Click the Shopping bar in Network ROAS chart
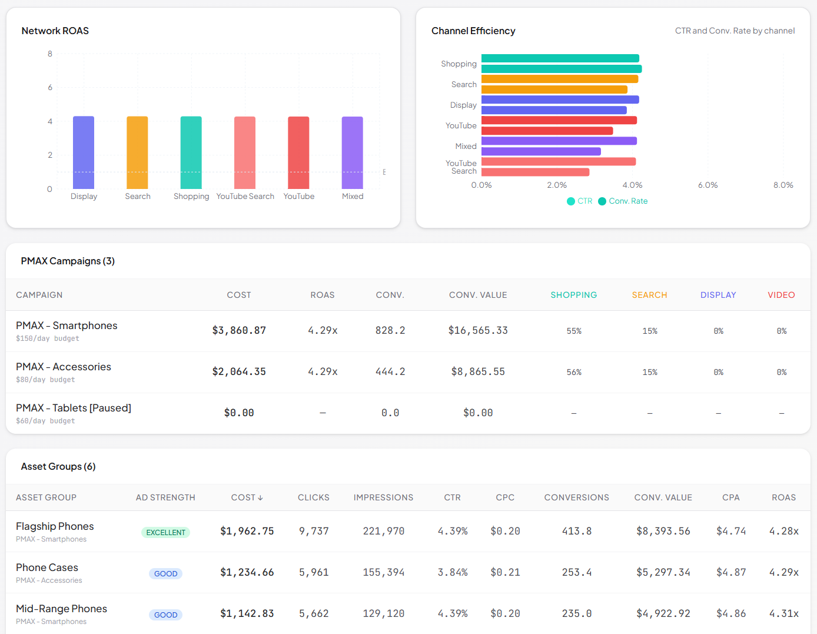tap(191, 152)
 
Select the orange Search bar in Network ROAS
tap(137, 152)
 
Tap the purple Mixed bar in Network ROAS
tap(352, 152)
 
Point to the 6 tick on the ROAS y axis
tap(50, 87)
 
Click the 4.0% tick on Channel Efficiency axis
tap(632, 185)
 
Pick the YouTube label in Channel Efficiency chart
tap(461, 126)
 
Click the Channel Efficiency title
tap(473, 31)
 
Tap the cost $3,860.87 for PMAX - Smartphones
tap(239, 331)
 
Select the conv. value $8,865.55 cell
tap(478, 372)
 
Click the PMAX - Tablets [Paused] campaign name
tap(74, 408)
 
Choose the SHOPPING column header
tap(573, 295)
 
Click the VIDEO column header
tap(781, 295)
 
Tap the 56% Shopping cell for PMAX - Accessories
tap(574, 372)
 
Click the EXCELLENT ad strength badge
tap(165, 532)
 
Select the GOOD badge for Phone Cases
tap(165, 573)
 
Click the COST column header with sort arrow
tap(247, 497)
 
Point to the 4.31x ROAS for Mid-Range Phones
tap(783, 613)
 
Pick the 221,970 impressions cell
tap(383, 531)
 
